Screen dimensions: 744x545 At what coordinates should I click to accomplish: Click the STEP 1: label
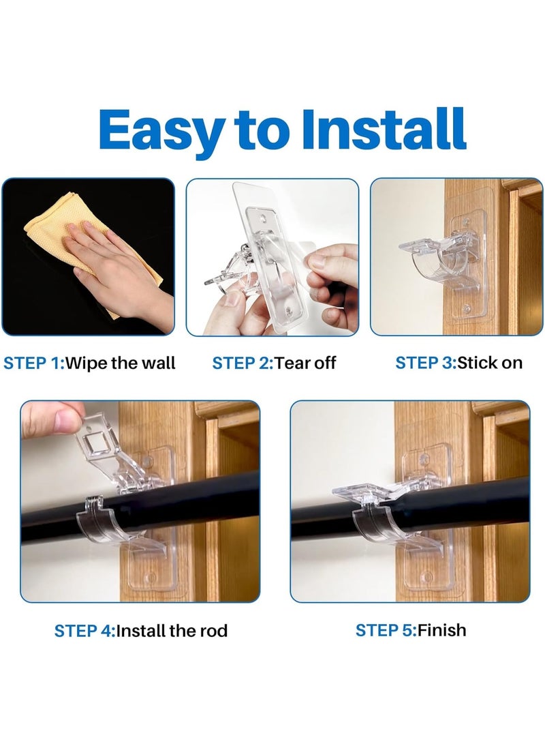click(x=33, y=363)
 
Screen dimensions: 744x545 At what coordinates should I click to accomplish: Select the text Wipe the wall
click(x=120, y=363)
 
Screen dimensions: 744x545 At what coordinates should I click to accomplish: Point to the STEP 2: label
click(x=243, y=363)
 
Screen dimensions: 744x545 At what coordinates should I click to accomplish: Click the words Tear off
click(x=305, y=363)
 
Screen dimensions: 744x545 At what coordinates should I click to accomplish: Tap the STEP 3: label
click(x=426, y=363)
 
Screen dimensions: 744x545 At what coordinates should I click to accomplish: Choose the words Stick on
click(x=490, y=363)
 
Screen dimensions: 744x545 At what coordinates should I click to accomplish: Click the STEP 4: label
click(x=85, y=631)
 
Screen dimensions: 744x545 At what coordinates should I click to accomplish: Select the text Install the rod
click(x=172, y=631)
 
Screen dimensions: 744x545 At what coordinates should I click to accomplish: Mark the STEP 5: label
click(x=386, y=630)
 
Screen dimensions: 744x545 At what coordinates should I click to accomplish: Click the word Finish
click(x=442, y=630)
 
